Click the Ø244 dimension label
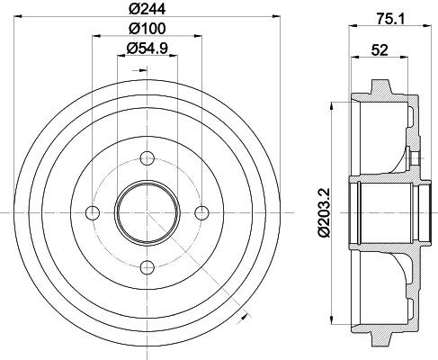[x=144, y=11]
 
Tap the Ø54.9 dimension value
[x=144, y=50]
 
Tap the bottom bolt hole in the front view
[x=144, y=265]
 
